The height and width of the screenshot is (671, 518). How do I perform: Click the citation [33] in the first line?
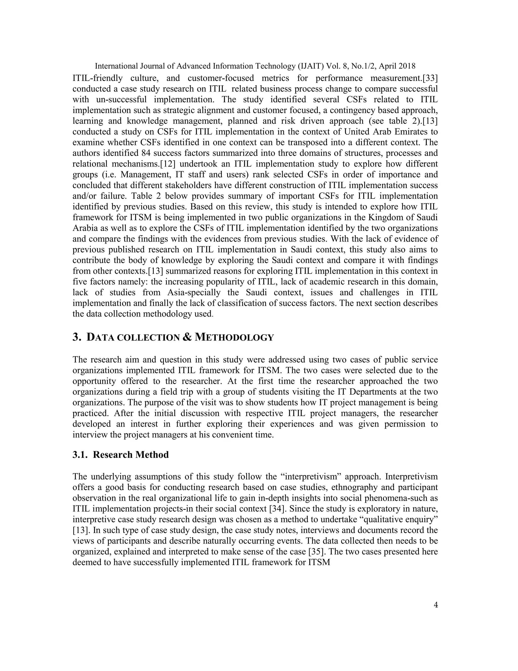pos(430,78)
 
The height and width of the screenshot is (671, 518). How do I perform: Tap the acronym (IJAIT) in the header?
pos(311,66)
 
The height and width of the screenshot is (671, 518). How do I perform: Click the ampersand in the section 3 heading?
pos(187,337)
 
